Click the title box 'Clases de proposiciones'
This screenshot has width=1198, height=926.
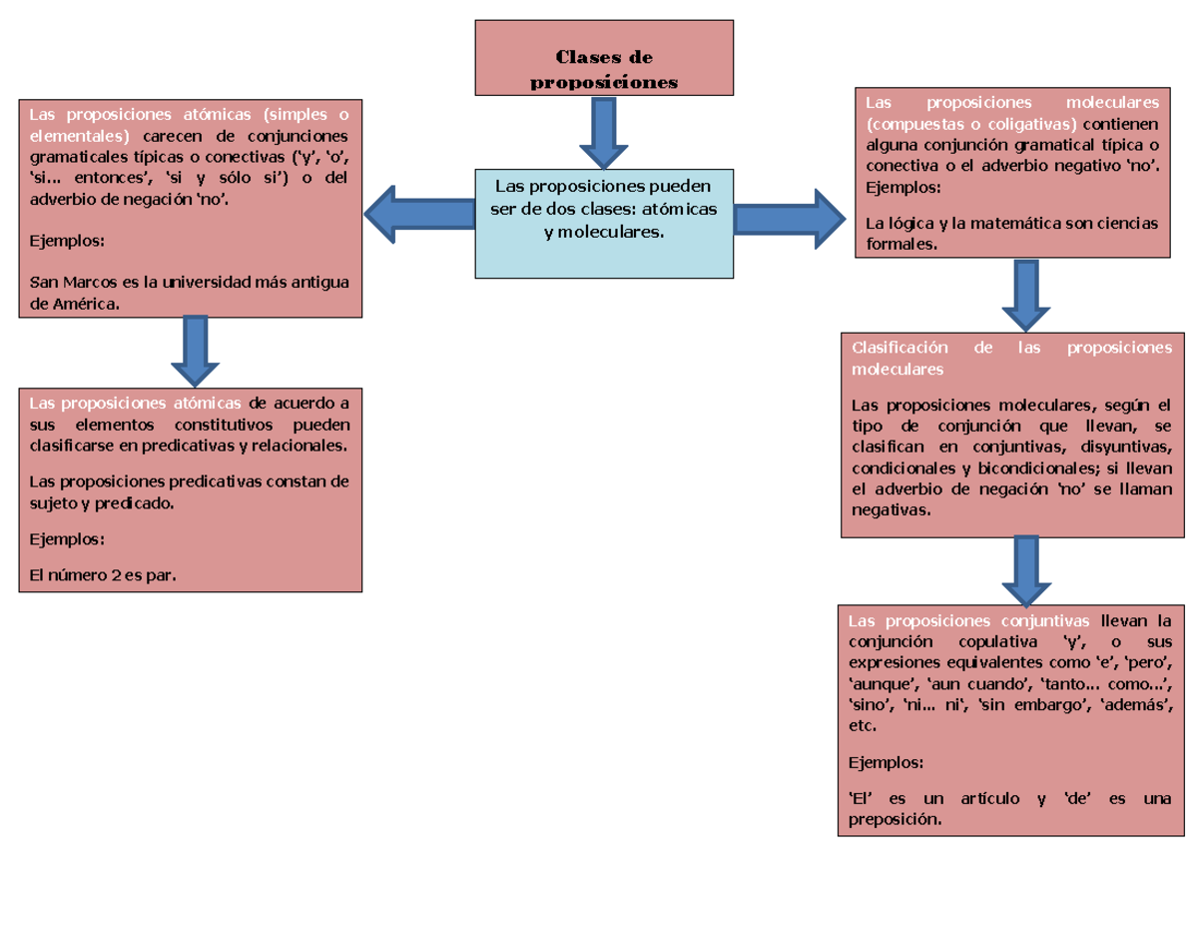[x=603, y=58]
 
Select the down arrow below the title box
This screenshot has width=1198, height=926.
[x=603, y=133]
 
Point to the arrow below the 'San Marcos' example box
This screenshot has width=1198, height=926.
[x=196, y=351]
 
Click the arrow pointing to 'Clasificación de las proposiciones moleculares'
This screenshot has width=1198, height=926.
[x=1025, y=295]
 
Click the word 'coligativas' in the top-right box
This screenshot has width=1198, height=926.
[x=1033, y=125]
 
